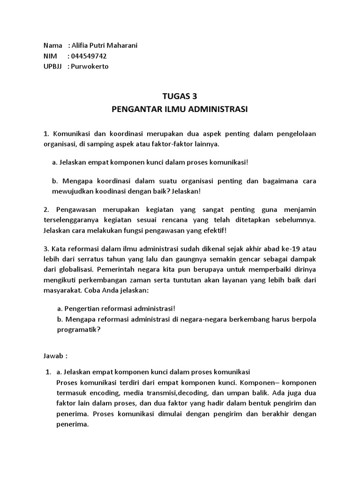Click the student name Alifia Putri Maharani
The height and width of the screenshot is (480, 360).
[x=105, y=45]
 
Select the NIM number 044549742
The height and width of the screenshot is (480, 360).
[x=92, y=56]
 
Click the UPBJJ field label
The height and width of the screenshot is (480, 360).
[x=52, y=66]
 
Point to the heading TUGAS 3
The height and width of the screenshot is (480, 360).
[x=180, y=97]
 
